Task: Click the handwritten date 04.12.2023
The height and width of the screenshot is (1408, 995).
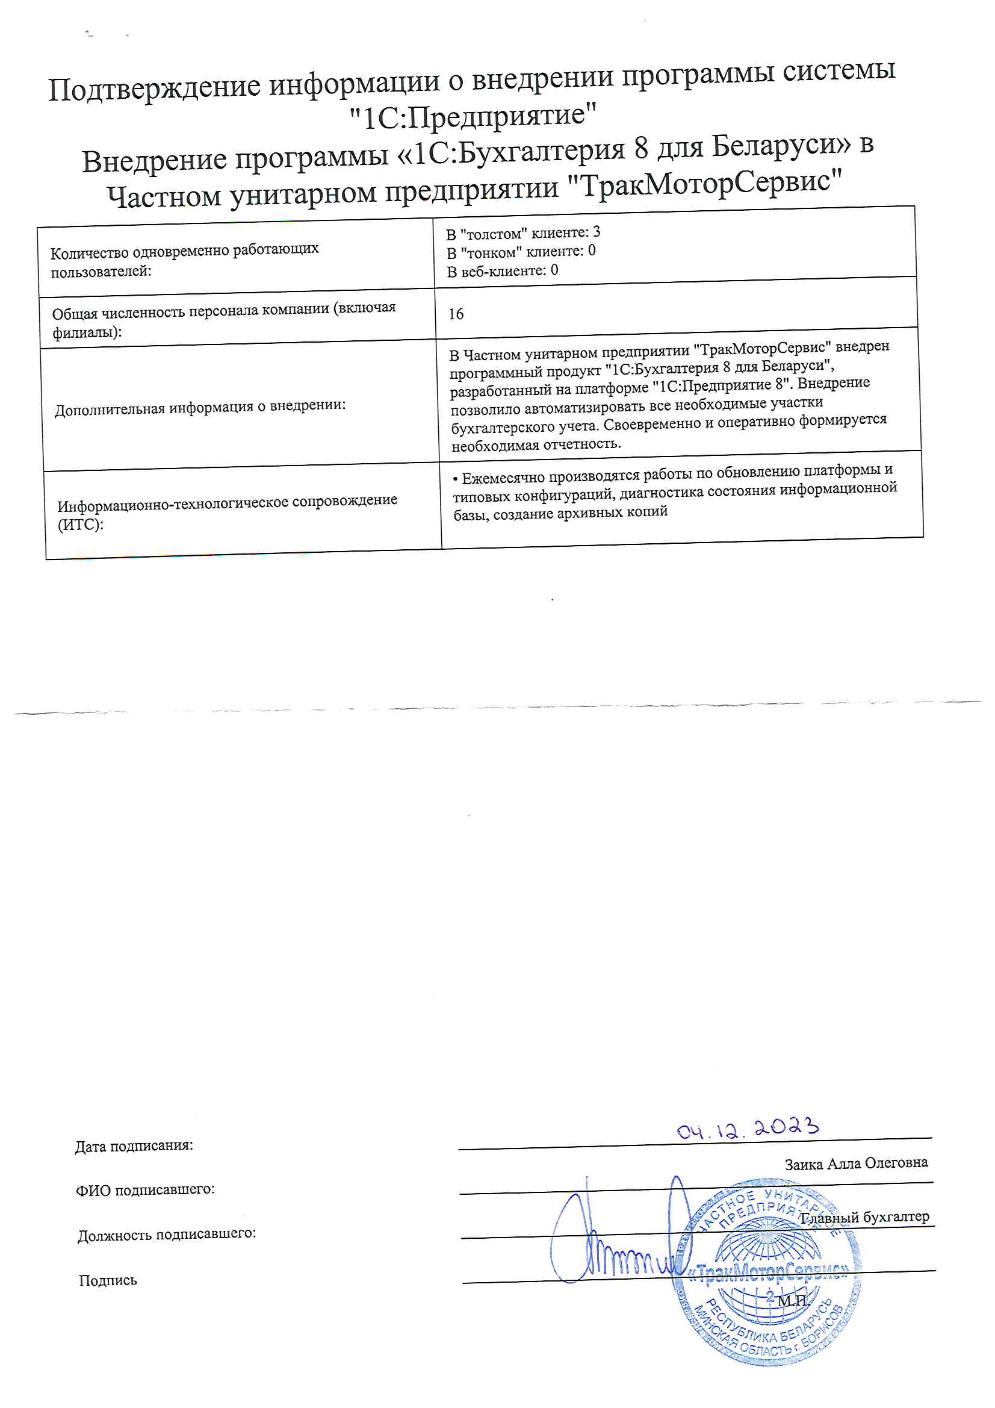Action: coord(748,1128)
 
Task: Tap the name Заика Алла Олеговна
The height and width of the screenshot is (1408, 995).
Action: coord(856,1163)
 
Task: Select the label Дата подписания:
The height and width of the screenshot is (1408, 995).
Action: coord(134,1145)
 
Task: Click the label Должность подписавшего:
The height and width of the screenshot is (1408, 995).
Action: coord(166,1234)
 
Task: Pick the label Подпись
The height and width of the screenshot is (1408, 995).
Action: coord(108,1280)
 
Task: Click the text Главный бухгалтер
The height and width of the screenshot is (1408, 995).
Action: coord(865,1217)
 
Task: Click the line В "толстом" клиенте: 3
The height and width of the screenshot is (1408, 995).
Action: coord(523,233)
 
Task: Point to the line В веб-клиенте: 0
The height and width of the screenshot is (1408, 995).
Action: coord(502,271)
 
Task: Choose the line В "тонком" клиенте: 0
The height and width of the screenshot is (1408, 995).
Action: coord(521,252)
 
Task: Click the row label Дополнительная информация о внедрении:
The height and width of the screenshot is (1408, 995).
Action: coord(200,407)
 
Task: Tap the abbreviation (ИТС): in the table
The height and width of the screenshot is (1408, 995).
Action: coord(80,525)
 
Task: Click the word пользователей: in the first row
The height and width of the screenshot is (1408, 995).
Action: coord(101,272)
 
